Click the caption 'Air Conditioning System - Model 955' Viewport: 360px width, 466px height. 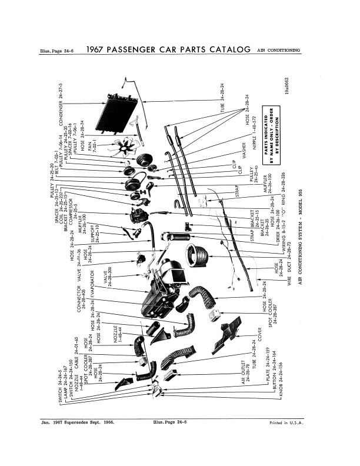point(299,217)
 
